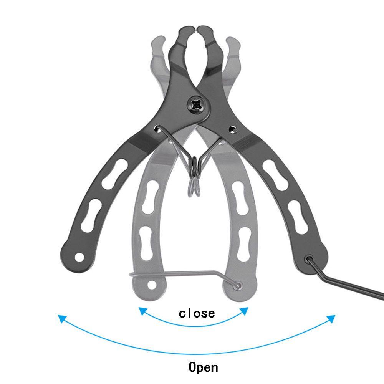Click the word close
pos(197,313)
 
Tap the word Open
pos(203,367)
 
